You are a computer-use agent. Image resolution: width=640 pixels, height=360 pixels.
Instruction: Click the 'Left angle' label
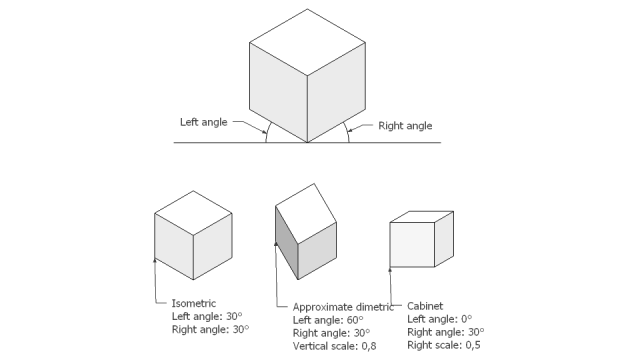pyautogui.click(x=202, y=122)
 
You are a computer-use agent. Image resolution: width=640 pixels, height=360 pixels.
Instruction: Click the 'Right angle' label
pyautogui.click(x=404, y=125)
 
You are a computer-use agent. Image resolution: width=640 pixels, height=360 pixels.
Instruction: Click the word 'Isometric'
pyautogui.click(x=193, y=303)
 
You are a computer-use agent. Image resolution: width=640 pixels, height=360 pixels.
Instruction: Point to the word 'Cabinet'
pyautogui.click(x=426, y=306)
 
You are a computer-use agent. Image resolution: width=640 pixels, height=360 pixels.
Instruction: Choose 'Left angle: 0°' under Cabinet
pyautogui.click(x=443, y=319)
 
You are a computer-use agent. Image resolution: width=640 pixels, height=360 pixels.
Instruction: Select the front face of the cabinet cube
pyautogui.click(x=411, y=246)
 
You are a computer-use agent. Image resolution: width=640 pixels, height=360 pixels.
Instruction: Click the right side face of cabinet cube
pyautogui.click(x=446, y=241)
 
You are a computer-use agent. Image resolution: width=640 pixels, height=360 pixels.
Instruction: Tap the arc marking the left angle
pyautogui.click(x=267, y=133)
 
